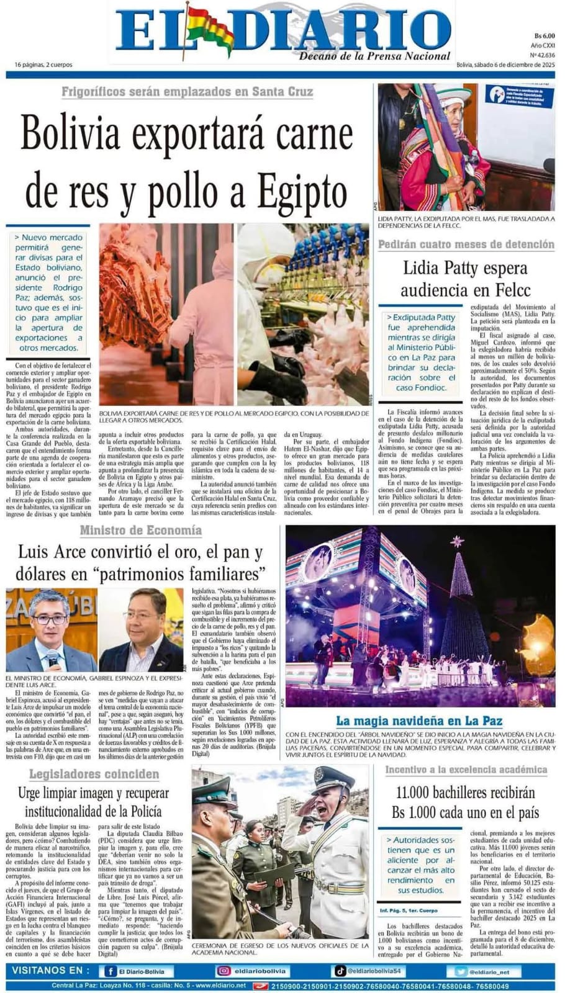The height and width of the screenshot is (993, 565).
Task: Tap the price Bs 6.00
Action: tap(544, 36)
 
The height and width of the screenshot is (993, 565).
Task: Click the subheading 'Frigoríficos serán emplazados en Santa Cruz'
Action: tap(187, 92)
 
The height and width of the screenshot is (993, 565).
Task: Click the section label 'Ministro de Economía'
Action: tap(141, 529)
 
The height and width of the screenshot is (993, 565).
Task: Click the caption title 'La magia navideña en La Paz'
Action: tap(419, 721)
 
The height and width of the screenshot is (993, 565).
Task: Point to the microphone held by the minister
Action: tap(52, 657)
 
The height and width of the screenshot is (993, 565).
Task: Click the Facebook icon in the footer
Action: tap(111, 971)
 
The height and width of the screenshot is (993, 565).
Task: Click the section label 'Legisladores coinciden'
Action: tap(94, 774)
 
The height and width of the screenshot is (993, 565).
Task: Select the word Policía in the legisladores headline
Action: tap(144, 811)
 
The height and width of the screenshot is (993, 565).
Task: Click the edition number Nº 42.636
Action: tap(543, 55)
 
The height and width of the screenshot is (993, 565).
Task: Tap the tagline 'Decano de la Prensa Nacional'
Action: tap(374, 56)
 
